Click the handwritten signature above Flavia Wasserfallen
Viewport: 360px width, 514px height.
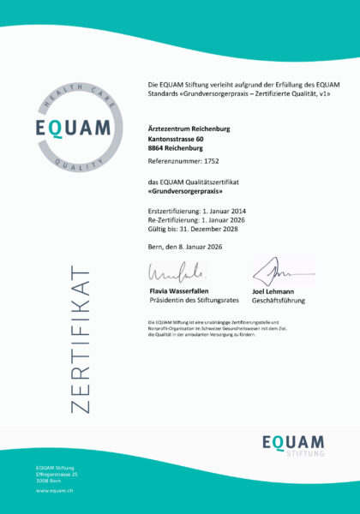[x=175, y=275]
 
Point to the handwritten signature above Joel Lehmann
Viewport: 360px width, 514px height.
[x=273, y=273]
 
